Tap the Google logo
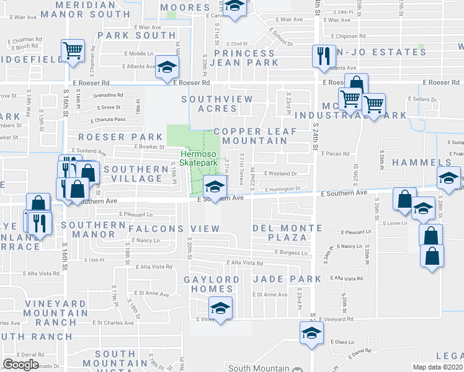point(20,365)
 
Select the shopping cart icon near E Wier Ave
point(73,51)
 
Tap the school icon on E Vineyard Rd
point(220,308)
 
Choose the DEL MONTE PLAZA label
point(288,232)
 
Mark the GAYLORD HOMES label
point(211,285)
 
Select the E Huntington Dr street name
point(283,189)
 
